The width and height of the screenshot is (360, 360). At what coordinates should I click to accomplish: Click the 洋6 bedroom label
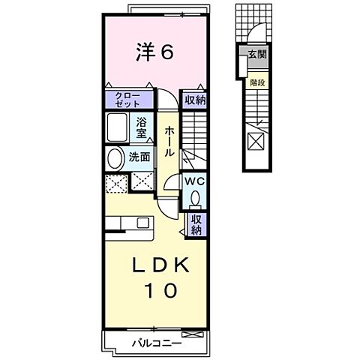tap(154, 52)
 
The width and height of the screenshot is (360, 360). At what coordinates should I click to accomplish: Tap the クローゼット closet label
tap(128, 100)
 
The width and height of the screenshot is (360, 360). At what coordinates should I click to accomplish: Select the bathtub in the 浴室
tap(117, 127)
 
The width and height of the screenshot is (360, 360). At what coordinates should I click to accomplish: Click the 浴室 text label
tap(142, 128)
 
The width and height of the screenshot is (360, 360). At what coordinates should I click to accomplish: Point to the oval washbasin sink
tap(115, 158)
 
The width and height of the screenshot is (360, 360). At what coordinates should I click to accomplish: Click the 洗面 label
tap(139, 157)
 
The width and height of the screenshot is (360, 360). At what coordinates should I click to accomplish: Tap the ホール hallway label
tap(169, 141)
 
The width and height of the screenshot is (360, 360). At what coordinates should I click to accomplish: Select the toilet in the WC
tap(195, 199)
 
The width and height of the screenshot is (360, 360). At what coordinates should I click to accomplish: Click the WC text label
tap(194, 181)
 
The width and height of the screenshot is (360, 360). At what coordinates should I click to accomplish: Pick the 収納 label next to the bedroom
tap(195, 100)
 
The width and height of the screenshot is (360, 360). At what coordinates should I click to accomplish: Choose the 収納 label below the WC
tap(196, 225)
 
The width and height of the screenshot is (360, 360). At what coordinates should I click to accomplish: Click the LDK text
tap(160, 265)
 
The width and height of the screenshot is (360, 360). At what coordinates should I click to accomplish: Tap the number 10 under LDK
tap(161, 290)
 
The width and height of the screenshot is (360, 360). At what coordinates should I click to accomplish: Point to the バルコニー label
tap(157, 343)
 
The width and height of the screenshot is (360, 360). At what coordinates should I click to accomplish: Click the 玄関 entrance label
tap(257, 54)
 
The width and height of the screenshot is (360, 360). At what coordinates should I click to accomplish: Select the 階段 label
tap(257, 82)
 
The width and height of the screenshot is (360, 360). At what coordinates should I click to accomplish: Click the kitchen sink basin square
tap(143, 223)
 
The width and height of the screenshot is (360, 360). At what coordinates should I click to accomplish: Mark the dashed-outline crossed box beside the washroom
tap(116, 184)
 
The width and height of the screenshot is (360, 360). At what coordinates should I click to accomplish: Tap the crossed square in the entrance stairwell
tap(256, 141)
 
